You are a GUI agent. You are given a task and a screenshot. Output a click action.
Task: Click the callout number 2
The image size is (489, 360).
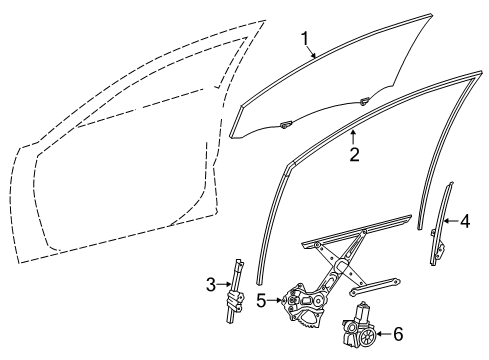click(x=353, y=154)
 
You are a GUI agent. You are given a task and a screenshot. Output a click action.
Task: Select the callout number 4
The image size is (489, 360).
click(x=464, y=222)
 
